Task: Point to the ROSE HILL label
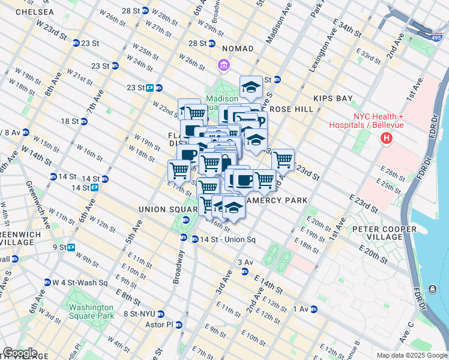click(292, 109)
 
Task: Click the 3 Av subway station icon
click(245, 272)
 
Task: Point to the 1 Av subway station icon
click(313, 310)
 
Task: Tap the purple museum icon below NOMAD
click(223, 64)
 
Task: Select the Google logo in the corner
click(19, 353)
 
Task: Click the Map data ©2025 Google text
click(412, 355)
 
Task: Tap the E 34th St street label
click(354, 26)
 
